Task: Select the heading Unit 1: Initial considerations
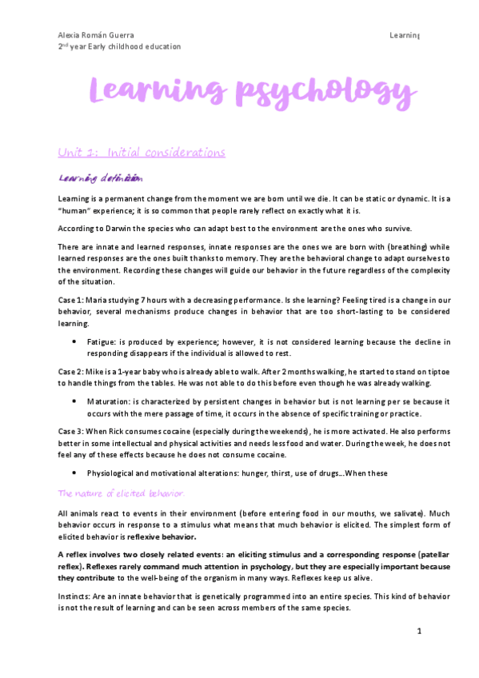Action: (x=142, y=153)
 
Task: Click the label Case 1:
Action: (x=71, y=297)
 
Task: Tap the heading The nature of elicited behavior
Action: (x=121, y=493)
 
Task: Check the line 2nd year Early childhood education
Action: (x=119, y=46)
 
